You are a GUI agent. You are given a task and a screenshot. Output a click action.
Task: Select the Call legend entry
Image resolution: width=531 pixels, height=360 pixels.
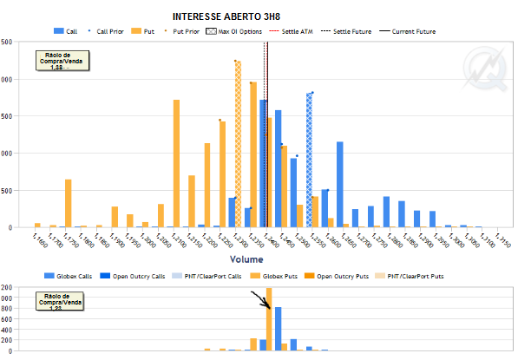66,31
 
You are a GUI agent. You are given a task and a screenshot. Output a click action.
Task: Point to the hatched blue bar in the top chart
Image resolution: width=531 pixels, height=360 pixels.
309,160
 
